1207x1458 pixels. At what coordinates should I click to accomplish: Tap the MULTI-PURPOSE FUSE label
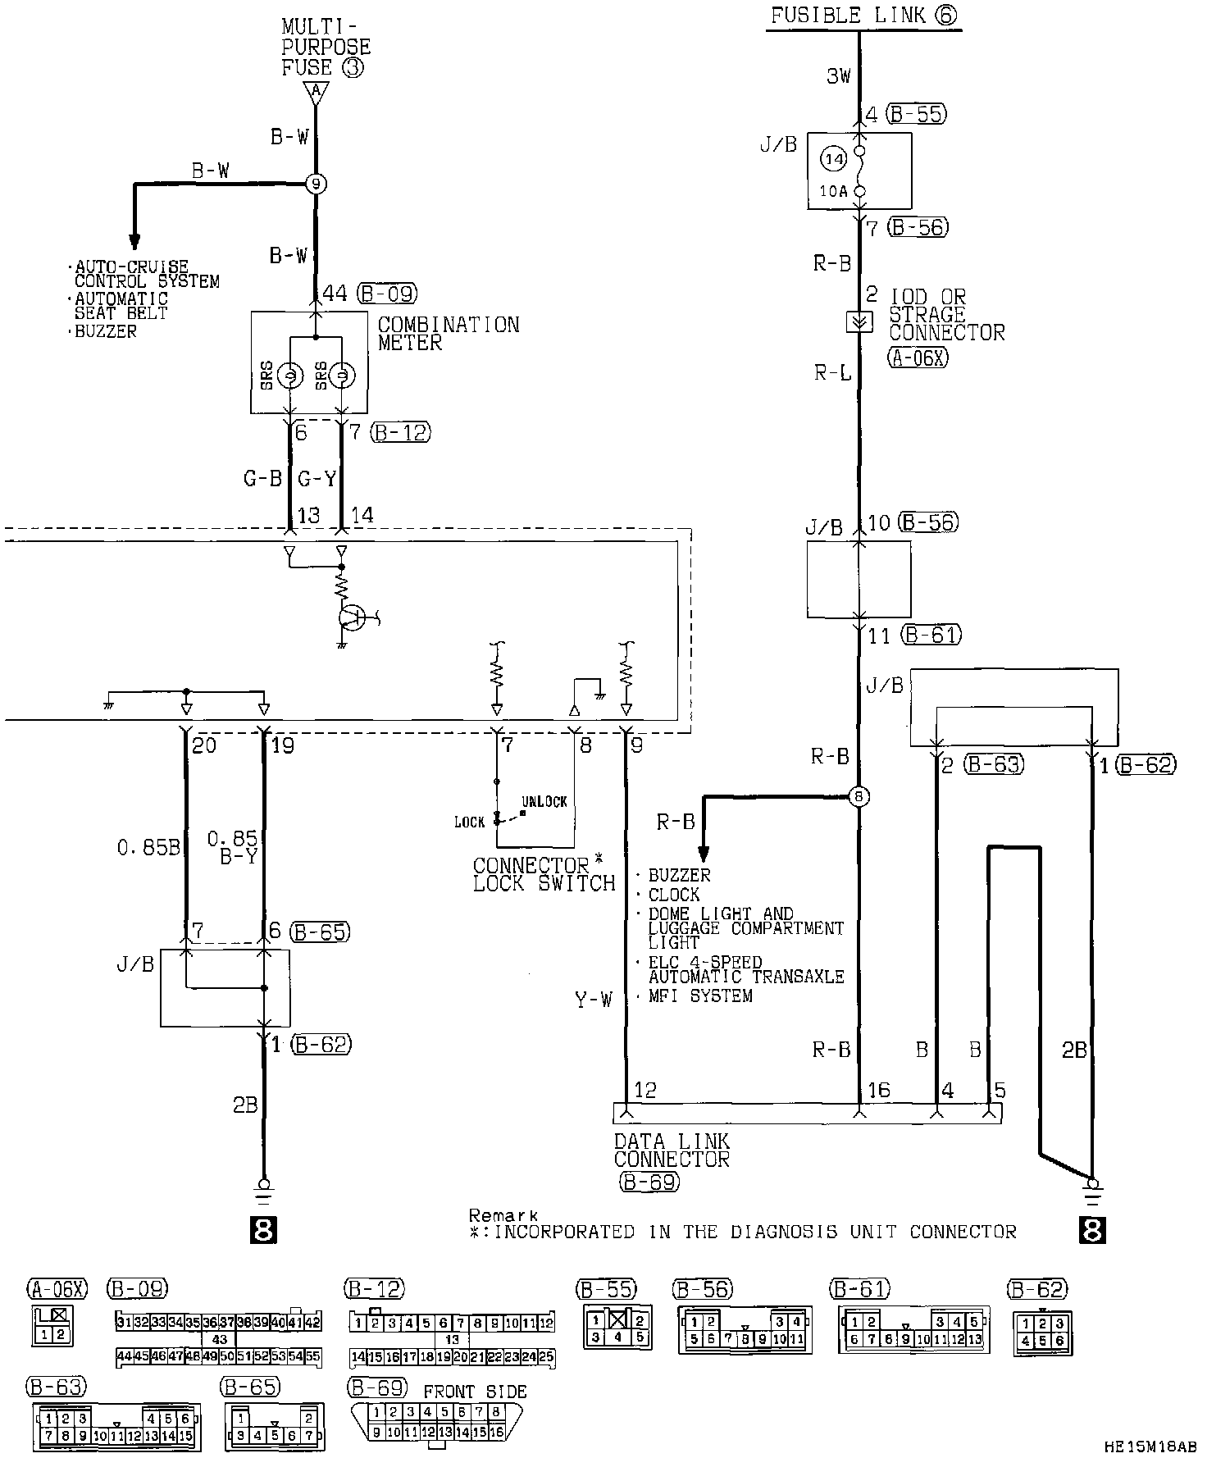326,48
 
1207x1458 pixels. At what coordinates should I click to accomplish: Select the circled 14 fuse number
834,160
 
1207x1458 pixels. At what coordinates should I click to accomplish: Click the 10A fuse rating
833,192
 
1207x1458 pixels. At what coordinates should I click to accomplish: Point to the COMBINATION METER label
448,334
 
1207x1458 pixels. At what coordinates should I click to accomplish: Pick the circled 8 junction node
859,796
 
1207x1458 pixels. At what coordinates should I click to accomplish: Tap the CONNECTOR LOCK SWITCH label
543,875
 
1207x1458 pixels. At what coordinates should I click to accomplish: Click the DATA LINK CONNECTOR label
672,1150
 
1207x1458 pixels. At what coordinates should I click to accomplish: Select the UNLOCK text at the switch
544,801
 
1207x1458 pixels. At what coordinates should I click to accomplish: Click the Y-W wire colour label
593,1000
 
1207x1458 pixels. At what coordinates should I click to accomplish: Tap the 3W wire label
838,77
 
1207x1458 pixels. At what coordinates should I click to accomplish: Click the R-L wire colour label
832,373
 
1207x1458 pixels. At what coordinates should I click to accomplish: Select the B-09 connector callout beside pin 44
388,294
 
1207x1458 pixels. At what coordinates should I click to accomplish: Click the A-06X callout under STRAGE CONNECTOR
918,357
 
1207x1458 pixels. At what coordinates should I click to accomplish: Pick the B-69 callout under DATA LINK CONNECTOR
649,1181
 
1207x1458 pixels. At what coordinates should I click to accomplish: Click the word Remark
503,1214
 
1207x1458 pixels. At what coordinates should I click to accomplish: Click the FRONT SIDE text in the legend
475,1391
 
